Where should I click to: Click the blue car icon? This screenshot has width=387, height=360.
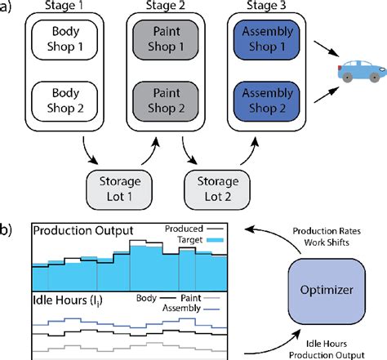pos(359,72)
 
